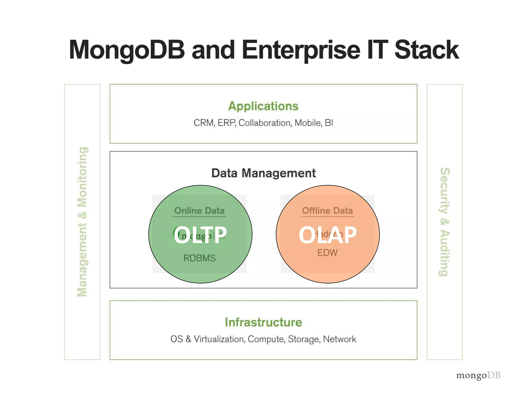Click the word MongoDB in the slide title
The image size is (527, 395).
(127, 50)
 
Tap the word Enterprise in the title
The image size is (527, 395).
(301, 50)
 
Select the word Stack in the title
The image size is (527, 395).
(426, 50)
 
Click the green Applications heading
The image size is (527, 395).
(263, 106)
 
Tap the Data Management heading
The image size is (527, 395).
(263, 173)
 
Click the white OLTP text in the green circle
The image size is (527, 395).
(200, 235)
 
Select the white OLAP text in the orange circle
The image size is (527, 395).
(328, 235)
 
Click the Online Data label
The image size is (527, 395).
(199, 211)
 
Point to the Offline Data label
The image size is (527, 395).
(327, 211)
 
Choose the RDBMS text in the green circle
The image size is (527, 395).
(199, 258)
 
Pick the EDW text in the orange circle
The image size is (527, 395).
(327, 253)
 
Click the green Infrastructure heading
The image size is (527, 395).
(263, 322)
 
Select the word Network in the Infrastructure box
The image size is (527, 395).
(339, 339)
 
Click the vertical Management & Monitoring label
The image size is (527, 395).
(82, 222)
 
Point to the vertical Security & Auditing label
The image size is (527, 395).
(445, 222)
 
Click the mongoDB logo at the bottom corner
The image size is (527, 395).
(478, 375)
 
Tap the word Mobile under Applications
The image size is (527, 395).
(308, 123)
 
